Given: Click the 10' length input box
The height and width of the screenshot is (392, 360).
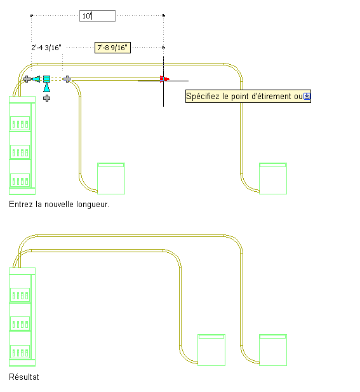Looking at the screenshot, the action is point(97,16).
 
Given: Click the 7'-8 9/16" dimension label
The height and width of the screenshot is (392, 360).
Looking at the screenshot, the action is point(112,48).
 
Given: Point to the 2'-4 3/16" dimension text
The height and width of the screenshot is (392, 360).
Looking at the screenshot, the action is point(46,48).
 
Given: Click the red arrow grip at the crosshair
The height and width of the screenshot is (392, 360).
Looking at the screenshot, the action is point(165,79).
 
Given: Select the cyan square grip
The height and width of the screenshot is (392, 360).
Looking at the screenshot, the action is point(47,79).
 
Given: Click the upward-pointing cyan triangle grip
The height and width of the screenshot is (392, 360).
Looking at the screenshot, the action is point(47,88).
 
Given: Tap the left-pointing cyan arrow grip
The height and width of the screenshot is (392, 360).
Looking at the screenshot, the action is point(36,79).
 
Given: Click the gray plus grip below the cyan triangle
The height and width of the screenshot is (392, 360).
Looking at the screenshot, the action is point(47,98).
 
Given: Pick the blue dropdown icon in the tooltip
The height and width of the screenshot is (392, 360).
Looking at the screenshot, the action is point(307,96).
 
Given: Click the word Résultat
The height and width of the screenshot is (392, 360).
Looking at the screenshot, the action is point(24,377).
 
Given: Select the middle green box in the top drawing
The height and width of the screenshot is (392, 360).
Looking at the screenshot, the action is point(111,179).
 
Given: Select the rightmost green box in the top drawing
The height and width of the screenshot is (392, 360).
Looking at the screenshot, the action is point(273,179).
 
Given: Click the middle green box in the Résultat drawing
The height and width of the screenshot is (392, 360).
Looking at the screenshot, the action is point(211,350).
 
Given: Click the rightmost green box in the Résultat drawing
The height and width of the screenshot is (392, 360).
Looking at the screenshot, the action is point(273,350).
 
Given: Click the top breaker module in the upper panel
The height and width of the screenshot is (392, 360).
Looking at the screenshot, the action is point(20,123).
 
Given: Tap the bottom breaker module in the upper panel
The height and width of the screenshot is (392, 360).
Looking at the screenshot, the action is point(20,180).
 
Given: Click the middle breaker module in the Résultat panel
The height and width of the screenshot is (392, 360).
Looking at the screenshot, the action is point(20,324).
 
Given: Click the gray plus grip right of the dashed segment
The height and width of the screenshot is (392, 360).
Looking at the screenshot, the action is point(67,79).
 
